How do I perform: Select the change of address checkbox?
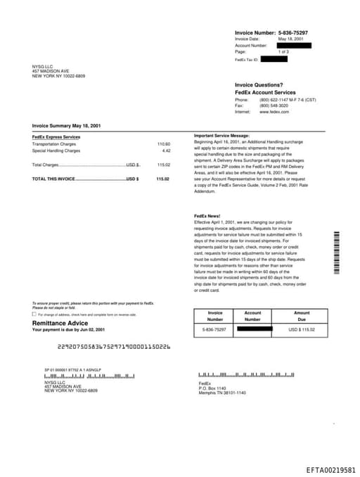[x=34, y=314]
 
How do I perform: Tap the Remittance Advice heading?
[x=60, y=323]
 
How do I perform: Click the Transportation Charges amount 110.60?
[x=163, y=144]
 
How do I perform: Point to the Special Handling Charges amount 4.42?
[x=166, y=151]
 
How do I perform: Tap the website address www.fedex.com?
[x=274, y=112]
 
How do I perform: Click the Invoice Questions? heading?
[x=259, y=85]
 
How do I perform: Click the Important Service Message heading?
[x=221, y=135]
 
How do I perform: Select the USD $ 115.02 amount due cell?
[x=302, y=329]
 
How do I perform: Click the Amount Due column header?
[x=302, y=316]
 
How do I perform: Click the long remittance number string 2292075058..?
[x=114, y=347]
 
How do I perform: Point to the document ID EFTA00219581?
[x=330, y=469]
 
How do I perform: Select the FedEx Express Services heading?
[x=56, y=136]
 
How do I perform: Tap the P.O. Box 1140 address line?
[x=212, y=388]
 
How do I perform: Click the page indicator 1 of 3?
[x=283, y=52]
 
